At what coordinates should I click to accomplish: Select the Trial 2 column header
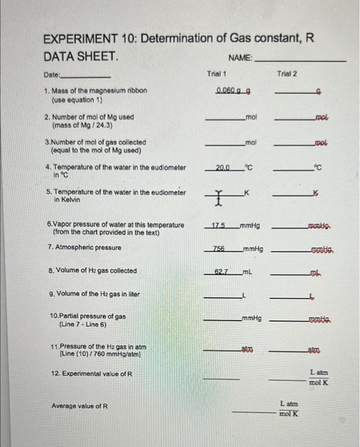(x=287, y=74)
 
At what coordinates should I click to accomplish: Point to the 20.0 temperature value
(x=221, y=168)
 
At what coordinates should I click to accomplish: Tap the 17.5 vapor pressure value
(x=219, y=225)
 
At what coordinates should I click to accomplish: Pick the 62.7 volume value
(x=220, y=271)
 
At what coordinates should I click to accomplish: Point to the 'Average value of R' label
(x=80, y=406)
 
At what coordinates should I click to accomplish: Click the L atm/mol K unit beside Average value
(x=288, y=409)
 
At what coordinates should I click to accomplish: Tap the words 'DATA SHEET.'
(x=80, y=57)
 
